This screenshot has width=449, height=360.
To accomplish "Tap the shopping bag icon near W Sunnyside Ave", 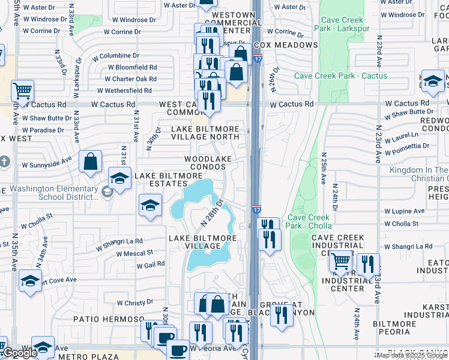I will tap(90, 161).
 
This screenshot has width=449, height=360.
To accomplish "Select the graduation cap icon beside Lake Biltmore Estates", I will tap(119, 178).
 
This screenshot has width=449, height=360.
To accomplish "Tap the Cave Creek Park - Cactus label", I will tap(340, 76).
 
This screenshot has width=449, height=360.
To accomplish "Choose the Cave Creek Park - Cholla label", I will tap(309, 221).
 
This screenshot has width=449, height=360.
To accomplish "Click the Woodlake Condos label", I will tap(208, 163).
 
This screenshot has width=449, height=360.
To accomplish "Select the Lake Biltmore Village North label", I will tap(205, 133).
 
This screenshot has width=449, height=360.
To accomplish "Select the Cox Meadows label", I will tap(286, 45).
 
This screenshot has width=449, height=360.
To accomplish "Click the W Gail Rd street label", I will tap(151, 265).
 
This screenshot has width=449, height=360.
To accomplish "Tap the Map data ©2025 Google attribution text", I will tap(412, 355).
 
